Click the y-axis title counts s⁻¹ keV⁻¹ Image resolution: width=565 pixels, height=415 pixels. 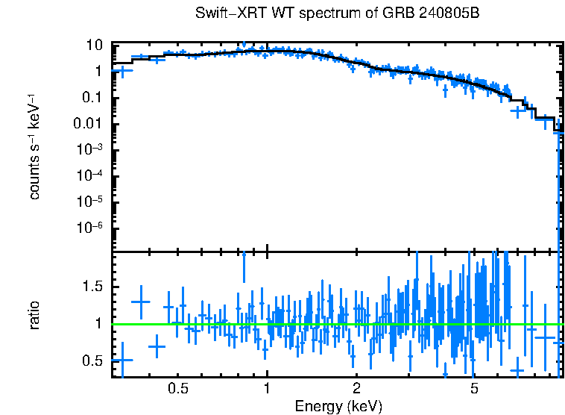(x=34, y=148)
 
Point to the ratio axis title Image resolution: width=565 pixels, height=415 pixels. (x=34, y=316)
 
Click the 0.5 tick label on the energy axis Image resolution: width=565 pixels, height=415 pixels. (x=177, y=389)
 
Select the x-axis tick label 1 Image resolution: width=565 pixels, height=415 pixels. (x=267, y=389)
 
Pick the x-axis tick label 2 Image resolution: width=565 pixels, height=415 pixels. (x=356, y=389)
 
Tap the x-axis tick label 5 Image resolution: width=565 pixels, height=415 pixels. (x=474, y=389)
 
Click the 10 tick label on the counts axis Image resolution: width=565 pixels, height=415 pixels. (x=94, y=45)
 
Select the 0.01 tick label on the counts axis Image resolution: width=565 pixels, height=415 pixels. (x=88, y=124)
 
